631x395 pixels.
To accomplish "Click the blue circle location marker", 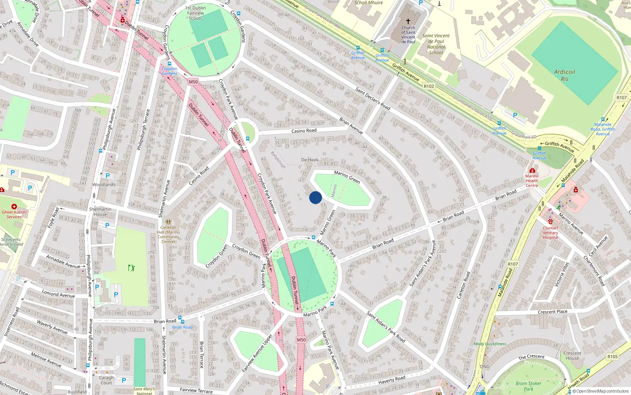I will click(315, 197).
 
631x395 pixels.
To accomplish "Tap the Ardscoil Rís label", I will click(564, 75).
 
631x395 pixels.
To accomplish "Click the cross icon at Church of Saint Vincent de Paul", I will click(408, 21).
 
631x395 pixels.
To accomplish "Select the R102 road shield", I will click(429, 86).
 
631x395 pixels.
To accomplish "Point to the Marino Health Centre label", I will click(532, 181).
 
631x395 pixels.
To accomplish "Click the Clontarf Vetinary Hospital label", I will click(550, 233).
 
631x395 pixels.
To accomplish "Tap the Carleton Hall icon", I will click(168, 222).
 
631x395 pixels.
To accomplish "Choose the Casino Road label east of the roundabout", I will click(304, 131).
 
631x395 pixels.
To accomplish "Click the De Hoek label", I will click(310, 160).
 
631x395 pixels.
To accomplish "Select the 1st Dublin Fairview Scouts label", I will click(195, 13).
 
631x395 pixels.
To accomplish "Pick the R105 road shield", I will click(612, 357).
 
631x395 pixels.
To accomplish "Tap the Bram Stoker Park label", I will click(528, 386).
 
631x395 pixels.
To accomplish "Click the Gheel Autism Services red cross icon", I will click(14, 207).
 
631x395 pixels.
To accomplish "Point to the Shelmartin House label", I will click(100, 212).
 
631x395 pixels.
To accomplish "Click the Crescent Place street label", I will click(553, 312).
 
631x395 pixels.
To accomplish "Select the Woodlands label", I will click(104, 184).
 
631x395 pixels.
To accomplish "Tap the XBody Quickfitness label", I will click(489, 344).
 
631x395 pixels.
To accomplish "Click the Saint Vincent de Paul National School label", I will click(436, 44).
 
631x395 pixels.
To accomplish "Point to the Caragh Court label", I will click(106, 380).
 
